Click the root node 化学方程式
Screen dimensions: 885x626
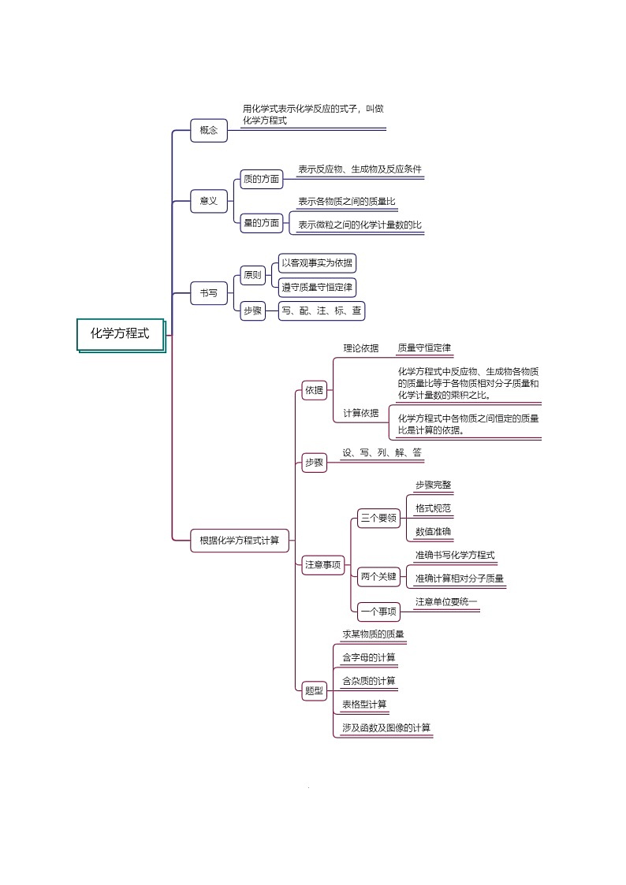120,333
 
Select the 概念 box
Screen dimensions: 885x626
209,131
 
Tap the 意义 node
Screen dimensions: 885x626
209,202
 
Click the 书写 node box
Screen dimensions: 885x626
209,293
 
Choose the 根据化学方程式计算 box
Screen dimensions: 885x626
240,540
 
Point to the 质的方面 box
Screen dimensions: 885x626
261,180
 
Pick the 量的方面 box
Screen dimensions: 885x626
261,223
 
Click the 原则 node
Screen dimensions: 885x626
252,275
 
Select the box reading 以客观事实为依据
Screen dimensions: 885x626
318,263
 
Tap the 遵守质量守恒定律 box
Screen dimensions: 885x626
318,286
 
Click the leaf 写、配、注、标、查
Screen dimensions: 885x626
322,311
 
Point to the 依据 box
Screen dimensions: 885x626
315,389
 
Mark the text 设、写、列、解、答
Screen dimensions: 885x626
382,452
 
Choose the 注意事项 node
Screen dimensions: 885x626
323,564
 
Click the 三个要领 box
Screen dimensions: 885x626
378,518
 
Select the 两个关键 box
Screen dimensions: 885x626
378,576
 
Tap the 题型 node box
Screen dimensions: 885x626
314,691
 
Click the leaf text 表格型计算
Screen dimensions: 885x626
364,704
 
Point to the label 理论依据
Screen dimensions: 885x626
360,348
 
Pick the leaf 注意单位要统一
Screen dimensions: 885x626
446,602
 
